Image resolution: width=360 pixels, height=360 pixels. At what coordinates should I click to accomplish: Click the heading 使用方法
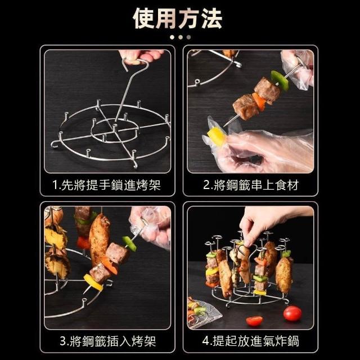pos(178,19)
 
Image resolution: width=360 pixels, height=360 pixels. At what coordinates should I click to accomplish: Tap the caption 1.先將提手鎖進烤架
pos(106,185)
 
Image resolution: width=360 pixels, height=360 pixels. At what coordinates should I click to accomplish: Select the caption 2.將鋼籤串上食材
pos(251,185)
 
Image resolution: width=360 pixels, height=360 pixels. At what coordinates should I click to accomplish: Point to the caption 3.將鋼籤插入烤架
pos(108,341)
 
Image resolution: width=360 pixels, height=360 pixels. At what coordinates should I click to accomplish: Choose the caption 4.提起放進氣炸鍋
pos(251,341)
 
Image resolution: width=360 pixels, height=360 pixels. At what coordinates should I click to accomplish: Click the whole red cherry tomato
pos(292,313)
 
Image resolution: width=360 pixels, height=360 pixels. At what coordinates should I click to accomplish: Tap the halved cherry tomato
pos(254,321)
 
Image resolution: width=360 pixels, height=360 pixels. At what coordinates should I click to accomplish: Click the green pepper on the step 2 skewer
pos(280,80)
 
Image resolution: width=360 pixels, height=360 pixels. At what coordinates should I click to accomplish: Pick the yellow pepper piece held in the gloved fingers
pos(216,136)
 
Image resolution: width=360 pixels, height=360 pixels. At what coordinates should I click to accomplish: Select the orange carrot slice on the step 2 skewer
pos(259,101)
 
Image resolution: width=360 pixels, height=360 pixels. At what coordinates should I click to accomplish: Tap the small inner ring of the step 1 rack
pos(114,131)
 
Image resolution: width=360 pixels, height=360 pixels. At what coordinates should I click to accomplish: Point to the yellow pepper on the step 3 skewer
pos(93,282)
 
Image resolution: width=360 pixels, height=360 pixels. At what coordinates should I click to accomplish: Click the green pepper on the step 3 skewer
pos(129,244)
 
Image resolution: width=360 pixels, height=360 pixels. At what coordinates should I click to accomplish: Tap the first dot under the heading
pos(172,37)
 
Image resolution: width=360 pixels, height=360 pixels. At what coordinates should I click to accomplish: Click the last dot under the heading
pos(189,37)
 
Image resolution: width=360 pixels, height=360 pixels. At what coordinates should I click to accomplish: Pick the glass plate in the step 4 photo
pos(202,313)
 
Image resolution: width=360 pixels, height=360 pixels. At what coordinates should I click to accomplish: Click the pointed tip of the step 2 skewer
pos(224,126)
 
